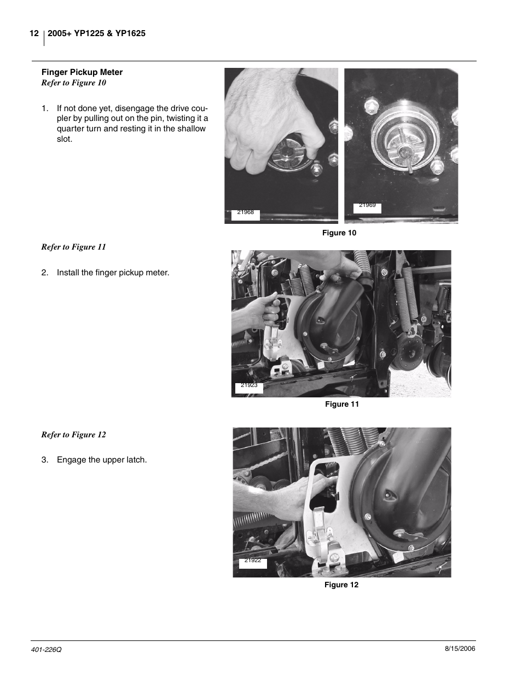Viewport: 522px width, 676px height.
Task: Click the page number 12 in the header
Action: (x=34, y=34)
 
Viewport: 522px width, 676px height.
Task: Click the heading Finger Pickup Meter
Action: (x=82, y=72)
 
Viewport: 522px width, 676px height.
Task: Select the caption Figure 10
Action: (x=339, y=233)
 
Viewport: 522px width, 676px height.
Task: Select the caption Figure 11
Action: (x=342, y=405)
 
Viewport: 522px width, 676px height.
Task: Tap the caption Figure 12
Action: (x=341, y=585)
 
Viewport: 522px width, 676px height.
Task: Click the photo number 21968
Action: (x=246, y=212)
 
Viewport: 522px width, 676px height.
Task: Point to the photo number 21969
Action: (x=367, y=206)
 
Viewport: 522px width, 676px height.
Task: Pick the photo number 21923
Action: (x=249, y=385)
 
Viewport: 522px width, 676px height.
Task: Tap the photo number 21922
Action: (x=252, y=561)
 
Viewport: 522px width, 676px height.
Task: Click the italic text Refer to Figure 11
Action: (x=74, y=247)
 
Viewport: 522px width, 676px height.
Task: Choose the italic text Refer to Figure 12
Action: (x=74, y=435)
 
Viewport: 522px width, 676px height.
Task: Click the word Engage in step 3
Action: (x=71, y=460)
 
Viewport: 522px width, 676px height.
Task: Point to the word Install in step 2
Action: (x=68, y=273)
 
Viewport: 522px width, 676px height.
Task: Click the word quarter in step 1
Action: (x=71, y=129)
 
